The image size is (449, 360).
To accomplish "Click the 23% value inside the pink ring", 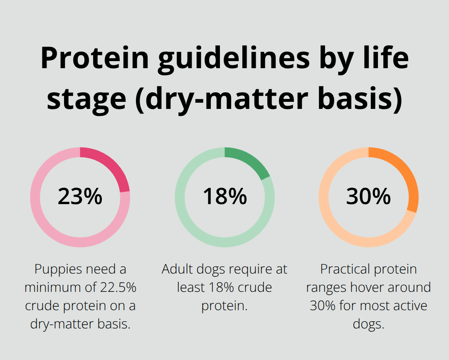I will [80, 197].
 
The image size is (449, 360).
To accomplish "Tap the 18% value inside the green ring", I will [224, 197].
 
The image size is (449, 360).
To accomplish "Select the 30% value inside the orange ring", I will [368, 197].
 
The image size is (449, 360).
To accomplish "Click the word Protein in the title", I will [95, 58].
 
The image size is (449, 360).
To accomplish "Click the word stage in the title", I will [85, 100].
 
